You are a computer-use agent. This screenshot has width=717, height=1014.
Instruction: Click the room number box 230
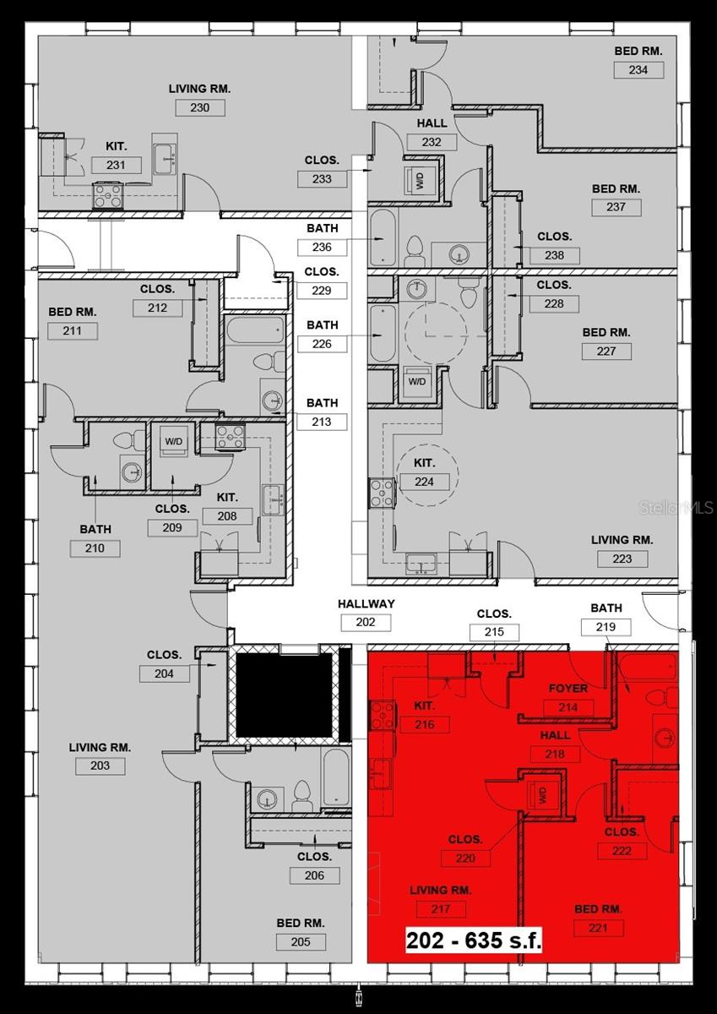[199, 107]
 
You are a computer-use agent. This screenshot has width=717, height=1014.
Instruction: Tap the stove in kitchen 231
[109, 195]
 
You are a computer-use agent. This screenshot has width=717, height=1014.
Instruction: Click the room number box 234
[638, 69]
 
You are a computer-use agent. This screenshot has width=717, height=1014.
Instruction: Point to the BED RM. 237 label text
[616, 189]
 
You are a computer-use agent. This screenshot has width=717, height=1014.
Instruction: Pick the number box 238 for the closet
[555, 255]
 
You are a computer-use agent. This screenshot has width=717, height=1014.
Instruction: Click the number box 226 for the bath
[322, 344]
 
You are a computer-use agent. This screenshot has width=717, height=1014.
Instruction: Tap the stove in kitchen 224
[382, 493]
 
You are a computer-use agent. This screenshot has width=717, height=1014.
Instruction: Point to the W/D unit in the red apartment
[540, 794]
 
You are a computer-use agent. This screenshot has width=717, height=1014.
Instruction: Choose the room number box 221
[598, 928]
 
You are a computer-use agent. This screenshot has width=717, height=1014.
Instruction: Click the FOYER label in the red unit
[568, 689]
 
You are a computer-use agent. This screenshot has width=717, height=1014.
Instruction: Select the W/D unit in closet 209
[174, 442]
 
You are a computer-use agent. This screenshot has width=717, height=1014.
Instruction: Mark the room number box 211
[73, 330]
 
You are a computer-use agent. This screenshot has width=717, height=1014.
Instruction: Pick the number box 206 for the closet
[314, 875]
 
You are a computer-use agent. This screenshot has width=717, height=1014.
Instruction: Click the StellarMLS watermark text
[677, 508]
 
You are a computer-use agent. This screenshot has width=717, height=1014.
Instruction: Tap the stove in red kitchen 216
[382, 716]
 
